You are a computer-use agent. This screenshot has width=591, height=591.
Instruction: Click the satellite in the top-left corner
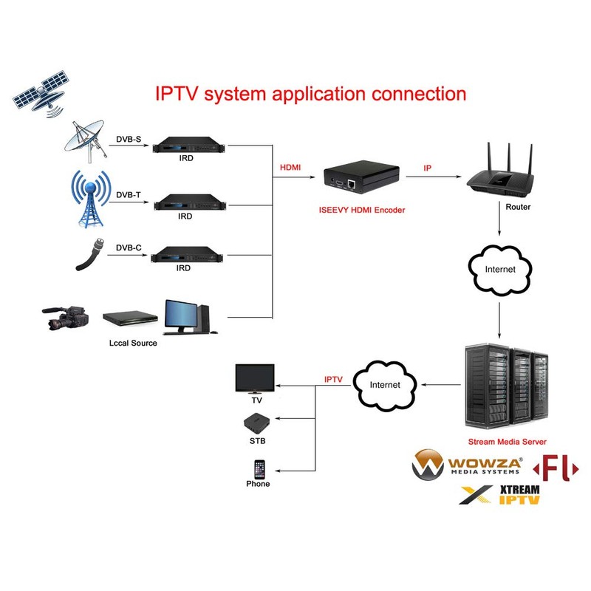(43, 92)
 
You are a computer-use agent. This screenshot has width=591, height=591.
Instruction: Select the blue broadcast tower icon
(89, 197)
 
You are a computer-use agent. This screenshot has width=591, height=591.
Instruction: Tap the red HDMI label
(290, 168)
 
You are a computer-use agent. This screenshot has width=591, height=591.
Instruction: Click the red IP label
(427, 168)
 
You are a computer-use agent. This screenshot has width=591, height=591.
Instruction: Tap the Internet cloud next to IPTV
(384, 384)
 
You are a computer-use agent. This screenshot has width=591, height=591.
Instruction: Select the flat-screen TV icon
(255, 378)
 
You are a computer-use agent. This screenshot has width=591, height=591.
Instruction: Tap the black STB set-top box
(256, 423)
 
